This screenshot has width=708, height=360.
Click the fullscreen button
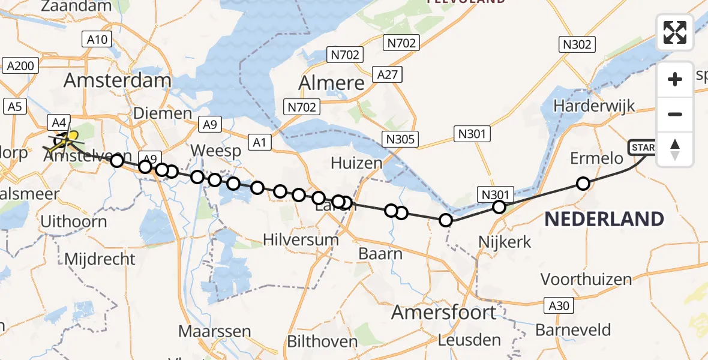tap(675, 32)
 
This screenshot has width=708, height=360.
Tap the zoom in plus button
tap(675, 79)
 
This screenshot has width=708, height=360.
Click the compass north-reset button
tap(675, 149)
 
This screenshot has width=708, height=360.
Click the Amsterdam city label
tap(117, 80)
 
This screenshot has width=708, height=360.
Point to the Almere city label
tap(331, 83)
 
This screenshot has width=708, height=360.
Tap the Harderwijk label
tap(594, 106)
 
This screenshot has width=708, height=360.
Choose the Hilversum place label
tap(301, 240)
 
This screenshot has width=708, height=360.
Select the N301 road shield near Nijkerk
tap(495, 194)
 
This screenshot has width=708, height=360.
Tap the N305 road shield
tap(400, 140)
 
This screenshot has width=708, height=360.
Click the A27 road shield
tap(386, 74)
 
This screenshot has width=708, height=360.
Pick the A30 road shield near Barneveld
tap(558, 305)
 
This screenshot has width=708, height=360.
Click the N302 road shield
tap(577, 44)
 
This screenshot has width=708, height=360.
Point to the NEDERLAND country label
tap(604, 219)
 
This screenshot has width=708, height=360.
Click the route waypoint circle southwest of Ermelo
tap(583, 184)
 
